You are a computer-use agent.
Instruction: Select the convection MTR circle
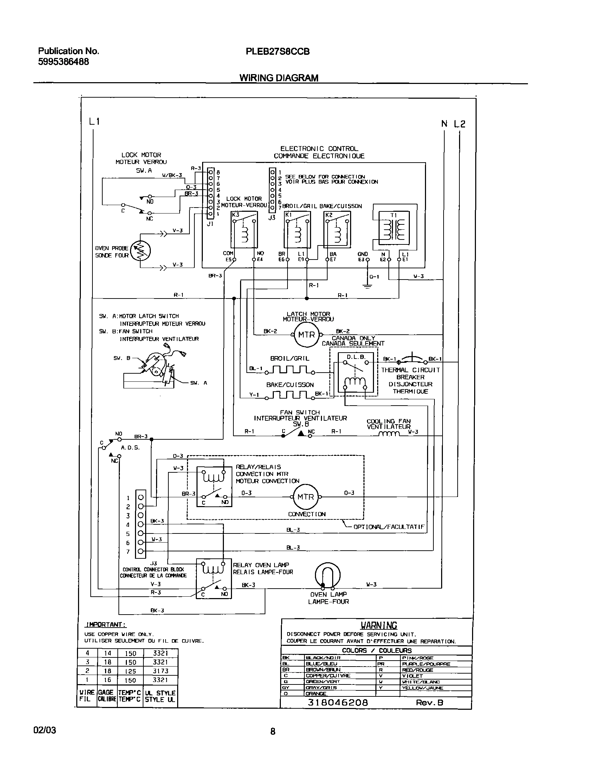[305, 497]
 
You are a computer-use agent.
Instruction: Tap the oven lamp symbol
[328, 575]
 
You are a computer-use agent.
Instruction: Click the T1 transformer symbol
[394, 228]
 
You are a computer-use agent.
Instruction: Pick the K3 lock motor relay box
[244, 230]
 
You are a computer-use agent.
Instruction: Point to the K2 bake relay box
[337, 230]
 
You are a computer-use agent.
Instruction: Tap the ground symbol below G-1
[367, 287]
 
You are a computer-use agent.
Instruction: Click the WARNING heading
[379, 625]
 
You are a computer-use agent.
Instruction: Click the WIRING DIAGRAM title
[279, 78]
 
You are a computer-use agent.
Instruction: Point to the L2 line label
[459, 124]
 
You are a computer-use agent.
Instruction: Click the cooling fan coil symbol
[389, 434]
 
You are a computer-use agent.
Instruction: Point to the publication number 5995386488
[63, 62]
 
